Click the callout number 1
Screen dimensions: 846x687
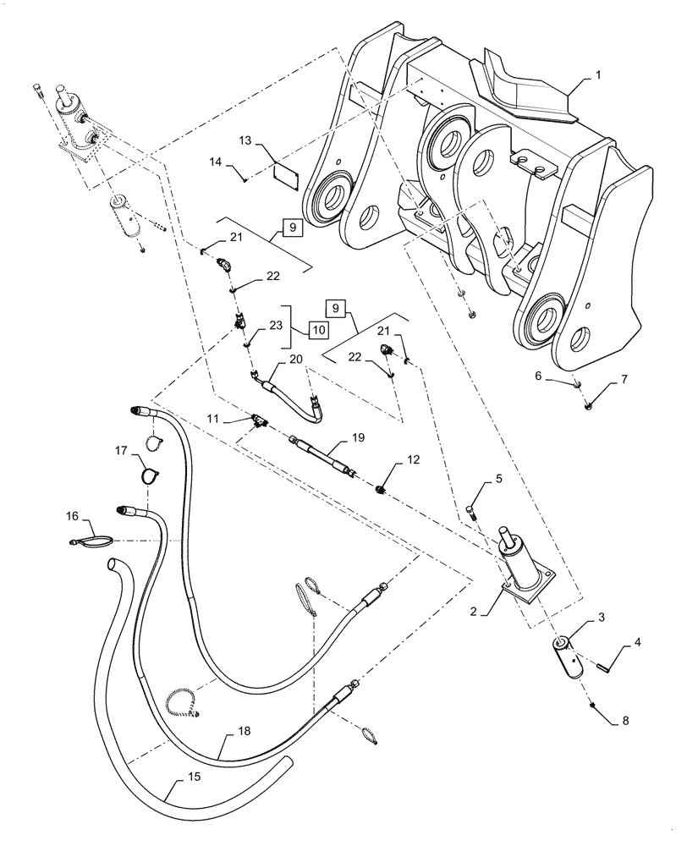[598, 75]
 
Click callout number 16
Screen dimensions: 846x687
[74, 514]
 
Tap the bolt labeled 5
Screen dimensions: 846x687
[471, 511]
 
